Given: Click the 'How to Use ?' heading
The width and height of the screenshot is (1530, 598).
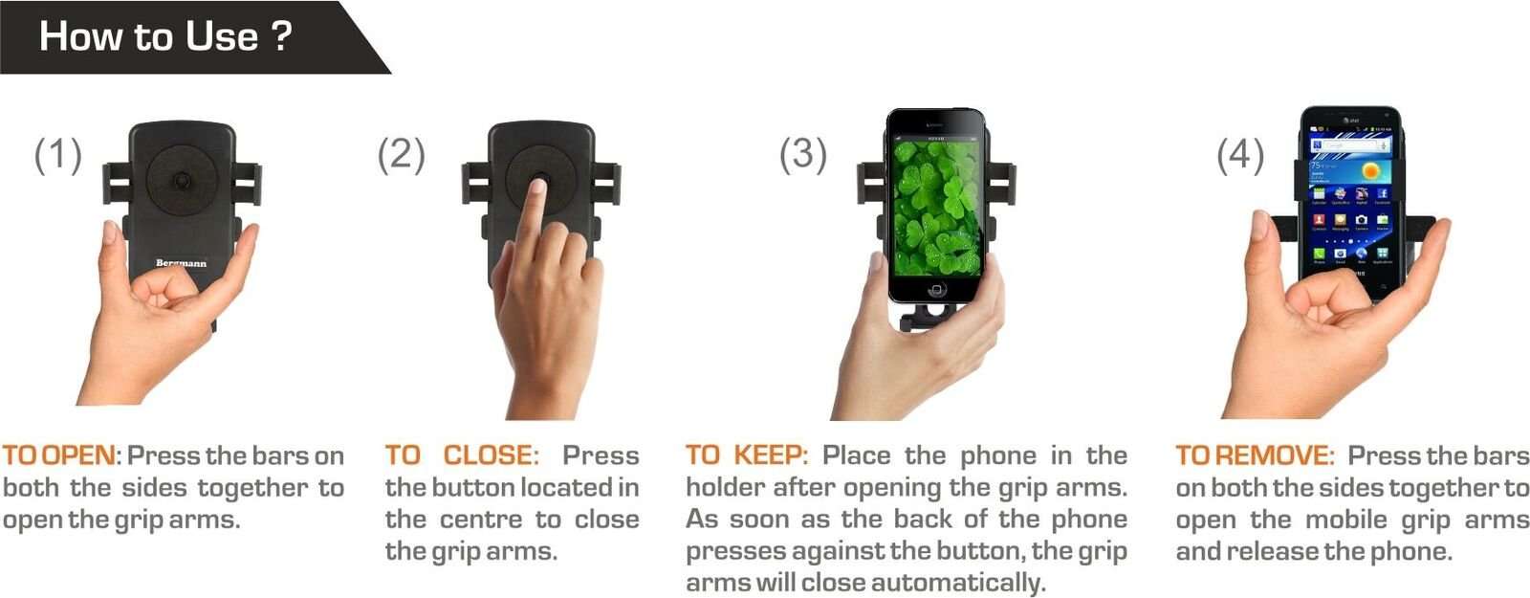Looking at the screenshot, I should (x=164, y=36).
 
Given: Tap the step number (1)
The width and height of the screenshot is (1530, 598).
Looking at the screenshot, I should (x=57, y=155).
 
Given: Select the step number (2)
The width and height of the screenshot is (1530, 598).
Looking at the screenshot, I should (x=401, y=155).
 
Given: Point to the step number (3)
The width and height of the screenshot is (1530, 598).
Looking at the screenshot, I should (x=802, y=155).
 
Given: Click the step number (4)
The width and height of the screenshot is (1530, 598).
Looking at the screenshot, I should (x=1239, y=155).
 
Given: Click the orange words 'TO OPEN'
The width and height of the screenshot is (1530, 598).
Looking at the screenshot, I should (x=59, y=455).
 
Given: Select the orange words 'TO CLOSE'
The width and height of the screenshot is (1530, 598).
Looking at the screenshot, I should (x=462, y=455).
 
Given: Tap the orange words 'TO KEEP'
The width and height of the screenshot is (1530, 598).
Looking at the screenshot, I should (x=746, y=455).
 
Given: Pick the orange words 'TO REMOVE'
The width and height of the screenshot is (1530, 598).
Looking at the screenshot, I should (x=1254, y=455).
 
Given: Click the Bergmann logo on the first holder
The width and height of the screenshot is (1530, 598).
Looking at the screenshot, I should (x=181, y=263).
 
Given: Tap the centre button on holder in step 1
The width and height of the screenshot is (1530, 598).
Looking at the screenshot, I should (x=182, y=181).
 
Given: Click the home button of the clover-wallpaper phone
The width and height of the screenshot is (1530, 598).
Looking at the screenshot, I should (x=937, y=289).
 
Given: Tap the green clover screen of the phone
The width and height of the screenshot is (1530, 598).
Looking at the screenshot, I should (x=935, y=206).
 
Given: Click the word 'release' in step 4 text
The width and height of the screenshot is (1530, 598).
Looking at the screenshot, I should (x=1272, y=551).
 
